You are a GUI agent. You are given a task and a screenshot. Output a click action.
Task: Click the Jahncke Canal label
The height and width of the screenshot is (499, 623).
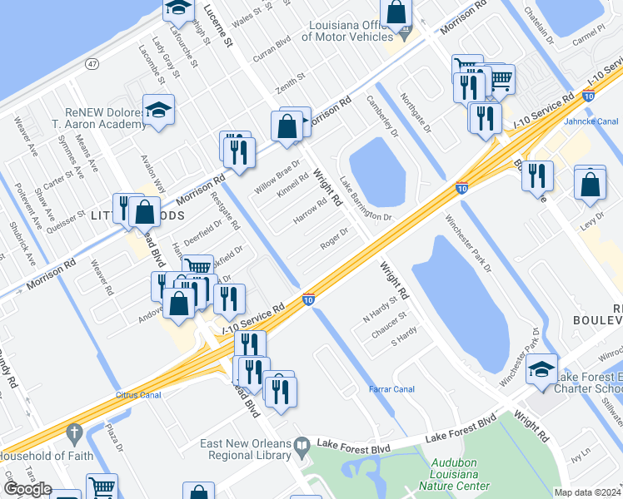tap(591, 121)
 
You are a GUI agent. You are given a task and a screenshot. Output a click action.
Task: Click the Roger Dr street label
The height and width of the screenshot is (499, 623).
tap(333, 240)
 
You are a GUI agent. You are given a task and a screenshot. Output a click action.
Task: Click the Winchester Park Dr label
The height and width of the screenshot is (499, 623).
tap(468, 245)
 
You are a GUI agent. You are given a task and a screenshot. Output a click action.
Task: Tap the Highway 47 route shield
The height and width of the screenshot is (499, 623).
tap(92, 63)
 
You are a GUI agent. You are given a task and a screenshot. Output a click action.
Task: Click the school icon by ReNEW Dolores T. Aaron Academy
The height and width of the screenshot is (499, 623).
tap(157, 111)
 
